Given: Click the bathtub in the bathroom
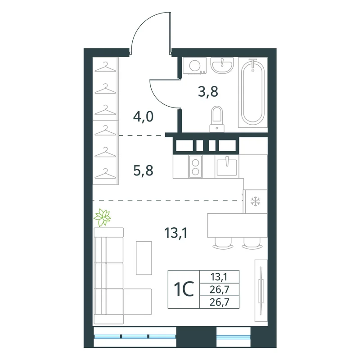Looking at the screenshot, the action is coord(253,92).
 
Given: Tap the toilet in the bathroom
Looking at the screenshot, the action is coord(217,119).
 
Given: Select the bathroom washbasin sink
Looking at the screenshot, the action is coord(222,65).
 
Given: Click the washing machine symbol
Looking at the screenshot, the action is coord(195,66).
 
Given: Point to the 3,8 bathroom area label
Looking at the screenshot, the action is coord(208,92).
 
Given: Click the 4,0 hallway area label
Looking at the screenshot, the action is coord(143,117).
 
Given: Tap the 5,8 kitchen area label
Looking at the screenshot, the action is coord(143,171).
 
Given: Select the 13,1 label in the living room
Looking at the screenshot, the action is coord(175,233).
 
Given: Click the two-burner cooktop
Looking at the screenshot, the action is coord(195,166).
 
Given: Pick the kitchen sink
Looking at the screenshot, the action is coord(227,166).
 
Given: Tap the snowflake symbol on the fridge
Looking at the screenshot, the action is coord(255,201).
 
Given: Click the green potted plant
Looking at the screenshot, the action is coord(103,217).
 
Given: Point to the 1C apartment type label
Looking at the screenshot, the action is coord(184,289).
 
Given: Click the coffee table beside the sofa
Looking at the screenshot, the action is coord(144,258).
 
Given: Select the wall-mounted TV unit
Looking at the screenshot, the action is coord(261,291).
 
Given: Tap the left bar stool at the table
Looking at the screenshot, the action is coord(223,243).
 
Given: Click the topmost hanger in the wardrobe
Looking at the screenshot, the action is coord(105,67).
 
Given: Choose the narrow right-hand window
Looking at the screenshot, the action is coord(233,337).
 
